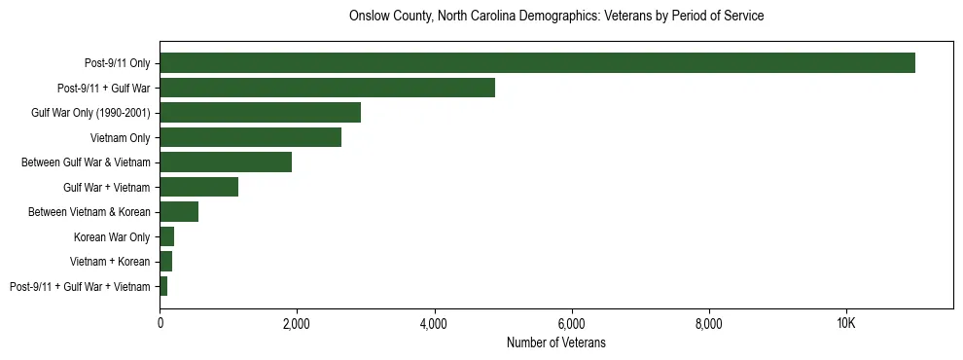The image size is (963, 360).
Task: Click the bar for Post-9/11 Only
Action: tap(537, 63)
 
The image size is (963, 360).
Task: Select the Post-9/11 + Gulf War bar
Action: tap(327, 88)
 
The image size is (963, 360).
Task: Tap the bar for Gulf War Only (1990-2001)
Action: tap(260, 113)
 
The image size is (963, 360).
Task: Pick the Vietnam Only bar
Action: tap(250, 137)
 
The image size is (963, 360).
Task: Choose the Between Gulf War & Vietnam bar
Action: tap(226, 162)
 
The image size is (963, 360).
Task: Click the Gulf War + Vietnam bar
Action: tap(198, 187)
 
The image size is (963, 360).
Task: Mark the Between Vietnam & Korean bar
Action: tap(179, 212)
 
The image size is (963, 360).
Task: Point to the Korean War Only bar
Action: tap(166, 236)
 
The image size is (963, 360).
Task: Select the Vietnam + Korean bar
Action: tap(165, 262)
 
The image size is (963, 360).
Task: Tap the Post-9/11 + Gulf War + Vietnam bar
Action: tap(163, 286)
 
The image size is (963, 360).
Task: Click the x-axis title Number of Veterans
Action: tap(556, 342)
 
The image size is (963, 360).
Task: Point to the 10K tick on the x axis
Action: tap(845, 324)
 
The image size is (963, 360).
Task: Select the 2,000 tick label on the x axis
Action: tap(297, 324)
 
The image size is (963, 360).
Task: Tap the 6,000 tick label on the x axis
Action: tap(571, 324)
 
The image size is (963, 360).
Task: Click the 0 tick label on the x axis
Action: tap(160, 324)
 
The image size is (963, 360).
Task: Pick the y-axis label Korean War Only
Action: tap(112, 236)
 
